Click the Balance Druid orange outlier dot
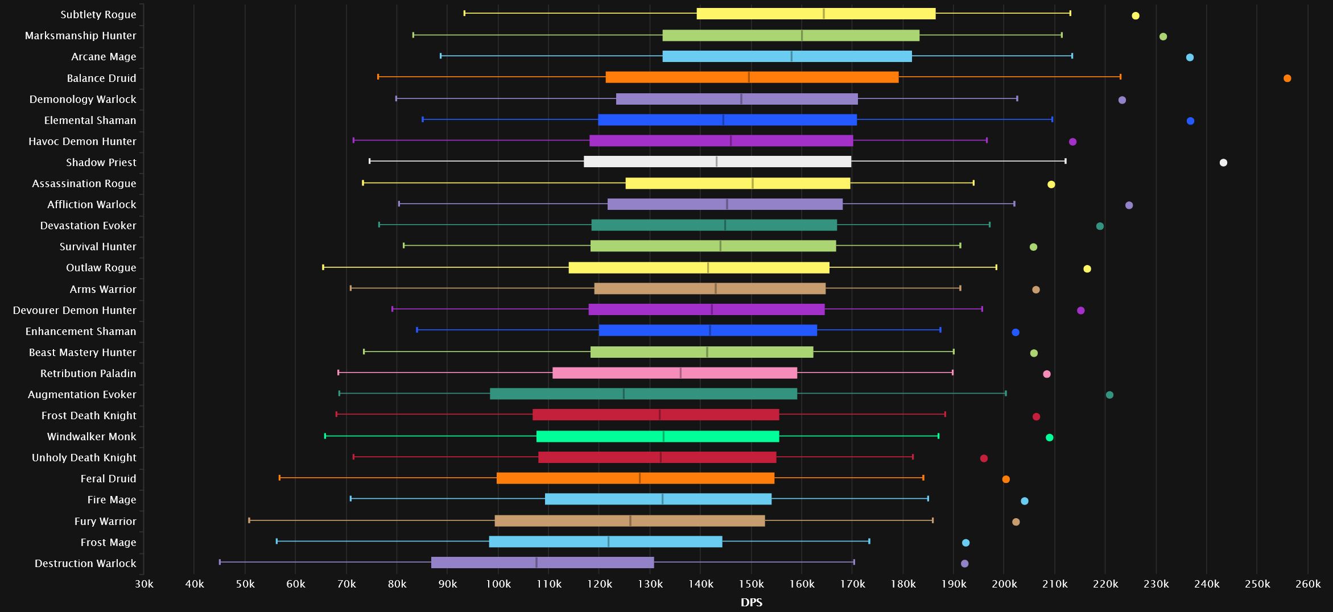click(x=1287, y=78)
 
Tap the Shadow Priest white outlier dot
click(x=1223, y=163)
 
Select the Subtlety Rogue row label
click(x=98, y=15)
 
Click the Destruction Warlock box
click(x=542, y=563)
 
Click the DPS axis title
click(x=752, y=602)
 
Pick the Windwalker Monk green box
click(x=658, y=436)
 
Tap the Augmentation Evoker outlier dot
click(x=1109, y=395)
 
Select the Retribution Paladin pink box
click(x=675, y=373)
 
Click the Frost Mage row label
click(x=108, y=543)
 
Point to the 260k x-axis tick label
click(x=1308, y=584)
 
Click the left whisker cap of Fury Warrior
click(x=249, y=520)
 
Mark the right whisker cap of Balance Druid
click(x=1120, y=77)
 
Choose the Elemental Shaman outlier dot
click(x=1190, y=121)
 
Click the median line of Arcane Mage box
click(x=791, y=56)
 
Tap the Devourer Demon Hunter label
click(x=75, y=311)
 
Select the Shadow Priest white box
click(x=717, y=162)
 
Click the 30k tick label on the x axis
click(x=144, y=584)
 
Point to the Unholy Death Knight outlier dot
click(x=984, y=458)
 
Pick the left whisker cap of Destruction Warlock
click(x=220, y=562)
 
